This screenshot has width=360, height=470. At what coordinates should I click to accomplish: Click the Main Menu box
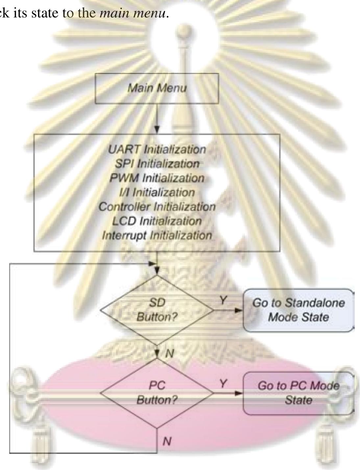tap(157, 88)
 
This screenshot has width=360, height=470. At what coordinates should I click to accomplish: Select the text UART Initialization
tap(157, 149)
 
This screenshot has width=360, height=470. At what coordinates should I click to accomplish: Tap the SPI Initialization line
tap(157, 164)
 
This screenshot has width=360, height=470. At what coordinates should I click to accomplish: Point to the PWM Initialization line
tap(157, 178)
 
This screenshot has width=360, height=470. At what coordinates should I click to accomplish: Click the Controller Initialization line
tap(157, 207)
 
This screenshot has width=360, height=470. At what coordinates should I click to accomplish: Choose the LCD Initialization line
tap(157, 221)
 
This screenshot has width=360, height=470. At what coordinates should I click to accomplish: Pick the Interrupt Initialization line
tap(157, 235)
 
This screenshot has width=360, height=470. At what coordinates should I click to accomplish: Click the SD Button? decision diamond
tap(157, 310)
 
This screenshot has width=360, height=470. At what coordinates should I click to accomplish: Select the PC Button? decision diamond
tap(157, 393)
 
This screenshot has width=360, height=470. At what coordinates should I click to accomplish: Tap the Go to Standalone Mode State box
tap(299, 310)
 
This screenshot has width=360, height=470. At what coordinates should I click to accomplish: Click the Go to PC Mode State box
tap(299, 393)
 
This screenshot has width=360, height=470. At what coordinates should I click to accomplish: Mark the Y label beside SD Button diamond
tap(223, 300)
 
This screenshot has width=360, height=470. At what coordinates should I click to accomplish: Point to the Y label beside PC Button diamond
tap(223, 383)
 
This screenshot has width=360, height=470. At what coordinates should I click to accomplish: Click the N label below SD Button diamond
tap(170, 354)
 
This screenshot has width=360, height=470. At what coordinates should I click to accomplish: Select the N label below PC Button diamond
tap(167, 441)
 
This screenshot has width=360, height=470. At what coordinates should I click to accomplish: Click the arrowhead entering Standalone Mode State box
tap(239, 310)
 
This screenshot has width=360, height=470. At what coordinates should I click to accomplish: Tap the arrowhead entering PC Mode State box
tap(239, 393)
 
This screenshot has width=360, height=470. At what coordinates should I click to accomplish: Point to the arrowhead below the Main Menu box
tap(157, 130)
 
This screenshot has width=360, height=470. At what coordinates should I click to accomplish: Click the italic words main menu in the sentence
tap(133, 13)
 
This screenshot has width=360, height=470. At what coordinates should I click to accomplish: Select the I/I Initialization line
tap(157, 192)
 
